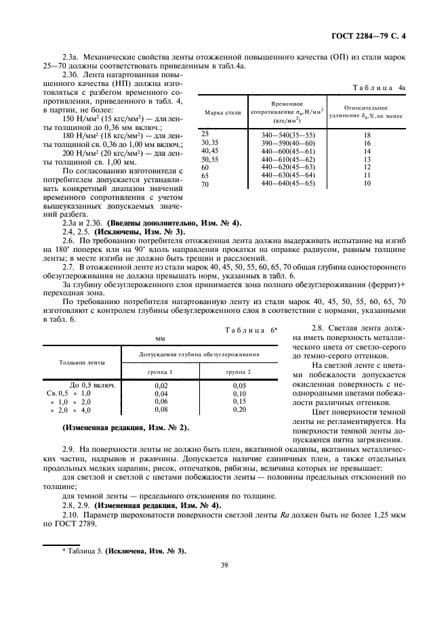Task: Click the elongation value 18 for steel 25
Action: tap(367, 135)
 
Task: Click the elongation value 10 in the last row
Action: tap(367, 184)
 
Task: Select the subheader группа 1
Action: tap(161, 372)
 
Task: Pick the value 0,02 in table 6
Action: tap(161, 385)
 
